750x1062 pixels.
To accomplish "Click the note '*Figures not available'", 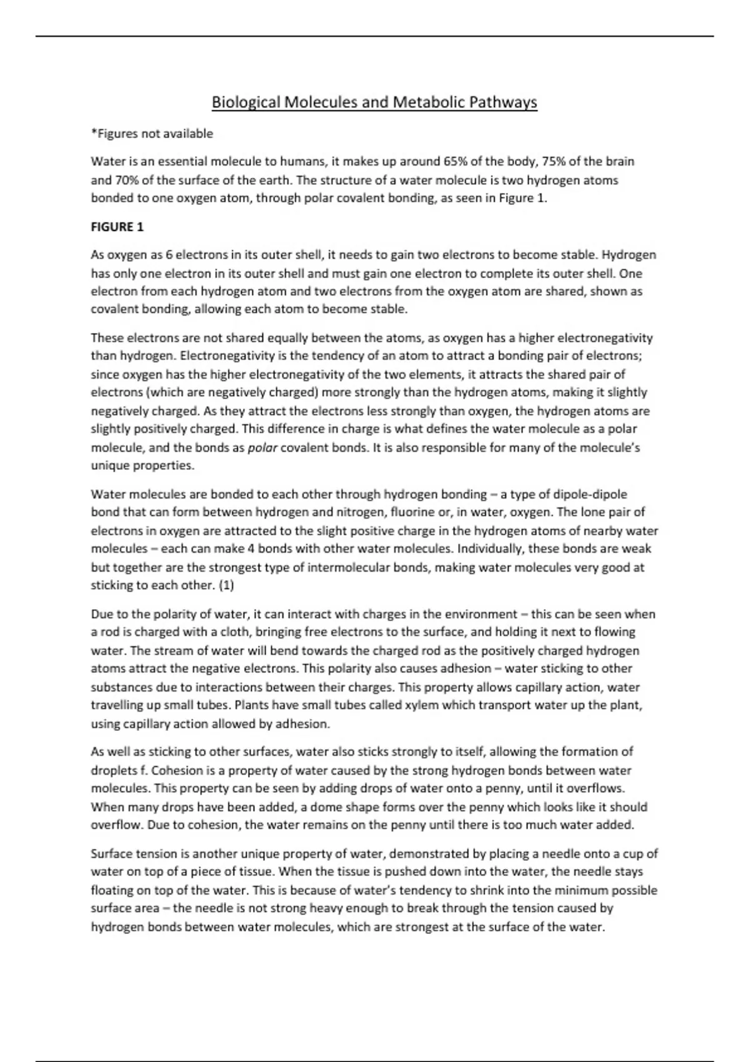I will tap(152, 134).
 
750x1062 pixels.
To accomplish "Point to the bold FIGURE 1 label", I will tap(117, 227).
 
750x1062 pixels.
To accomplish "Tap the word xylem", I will tap(422, 705).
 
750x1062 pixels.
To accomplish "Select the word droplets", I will tap(114, 770).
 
